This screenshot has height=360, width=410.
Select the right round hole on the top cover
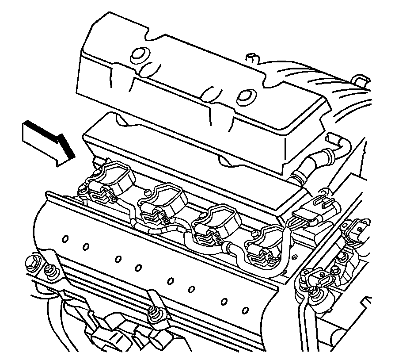pyautogui.click(x=244, y=97)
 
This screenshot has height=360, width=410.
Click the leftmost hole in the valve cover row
pyautogui.click(x=65, y=239)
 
